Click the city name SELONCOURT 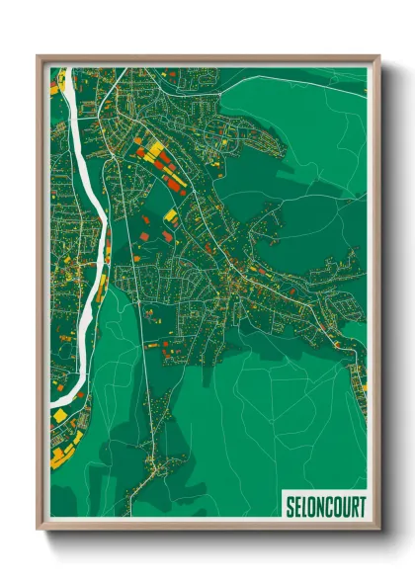pos(324,505)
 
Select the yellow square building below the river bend pos(60,416)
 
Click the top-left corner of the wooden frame pos(39,56)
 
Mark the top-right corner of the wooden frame pos(378,56)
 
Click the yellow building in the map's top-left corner pos(54,89)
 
